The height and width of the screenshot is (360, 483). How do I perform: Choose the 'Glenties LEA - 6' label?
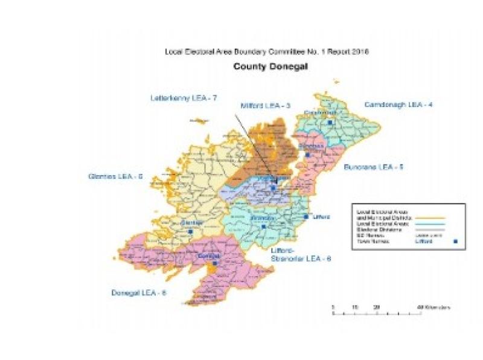[x=114, y=176]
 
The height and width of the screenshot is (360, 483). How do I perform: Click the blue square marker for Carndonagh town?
[x=330, y=123]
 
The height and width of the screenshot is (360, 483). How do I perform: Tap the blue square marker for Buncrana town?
[x=307, y=155]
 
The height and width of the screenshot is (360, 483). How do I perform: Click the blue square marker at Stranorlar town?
[x=263, y=227]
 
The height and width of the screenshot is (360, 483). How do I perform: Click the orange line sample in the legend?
[x=430, y=216]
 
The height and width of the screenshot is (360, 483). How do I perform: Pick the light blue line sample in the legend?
[x=430, y=223]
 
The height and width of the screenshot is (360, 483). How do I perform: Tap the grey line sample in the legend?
[x=430, y=230]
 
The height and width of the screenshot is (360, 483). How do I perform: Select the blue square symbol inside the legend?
[x=455, y=242]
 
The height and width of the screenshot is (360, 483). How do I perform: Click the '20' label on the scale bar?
[x=376, y=307]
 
